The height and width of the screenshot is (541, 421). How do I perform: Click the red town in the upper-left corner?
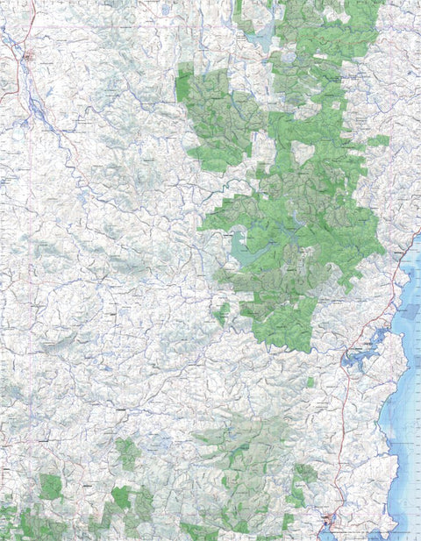(29, 59)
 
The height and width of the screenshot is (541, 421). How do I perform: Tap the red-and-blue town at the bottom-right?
(329, 520)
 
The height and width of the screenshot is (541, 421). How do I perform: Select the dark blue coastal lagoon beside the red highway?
(360, 355)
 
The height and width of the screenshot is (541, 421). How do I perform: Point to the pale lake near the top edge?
(260, 39)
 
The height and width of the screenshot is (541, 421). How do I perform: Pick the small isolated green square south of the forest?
(310, 382)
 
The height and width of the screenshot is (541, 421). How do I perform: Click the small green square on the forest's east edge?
(378, 140)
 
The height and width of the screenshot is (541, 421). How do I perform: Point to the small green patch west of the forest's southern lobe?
(222, 311)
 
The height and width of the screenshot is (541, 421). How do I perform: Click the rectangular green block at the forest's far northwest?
(184, 83)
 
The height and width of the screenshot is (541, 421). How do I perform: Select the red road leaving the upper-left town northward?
(33, 26)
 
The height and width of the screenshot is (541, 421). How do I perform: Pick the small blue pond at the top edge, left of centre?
(165, 9)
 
